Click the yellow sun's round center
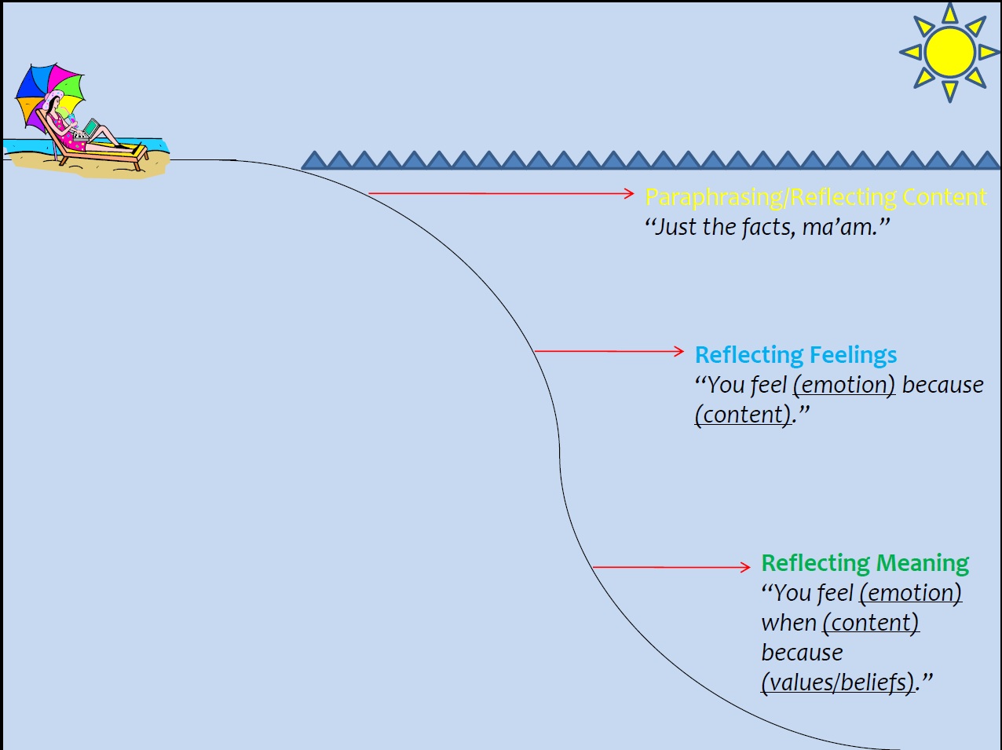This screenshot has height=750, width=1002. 949,53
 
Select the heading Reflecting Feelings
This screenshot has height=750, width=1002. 795,355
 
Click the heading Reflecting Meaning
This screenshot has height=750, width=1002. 865,563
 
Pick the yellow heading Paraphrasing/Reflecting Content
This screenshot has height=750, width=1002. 815,196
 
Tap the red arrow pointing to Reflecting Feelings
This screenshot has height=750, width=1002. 609,351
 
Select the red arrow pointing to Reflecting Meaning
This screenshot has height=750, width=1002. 671,566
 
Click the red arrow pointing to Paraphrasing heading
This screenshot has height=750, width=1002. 501,192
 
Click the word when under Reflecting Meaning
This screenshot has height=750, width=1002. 788,623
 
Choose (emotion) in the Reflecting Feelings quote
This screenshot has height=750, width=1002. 844,385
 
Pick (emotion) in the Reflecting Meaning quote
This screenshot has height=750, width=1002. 911,593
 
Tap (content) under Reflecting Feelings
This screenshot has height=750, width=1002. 743,415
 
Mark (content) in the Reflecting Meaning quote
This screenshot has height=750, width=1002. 871,623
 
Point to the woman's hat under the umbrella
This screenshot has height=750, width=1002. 53,98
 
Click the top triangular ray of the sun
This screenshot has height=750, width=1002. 950,13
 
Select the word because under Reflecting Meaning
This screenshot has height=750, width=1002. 802,653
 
